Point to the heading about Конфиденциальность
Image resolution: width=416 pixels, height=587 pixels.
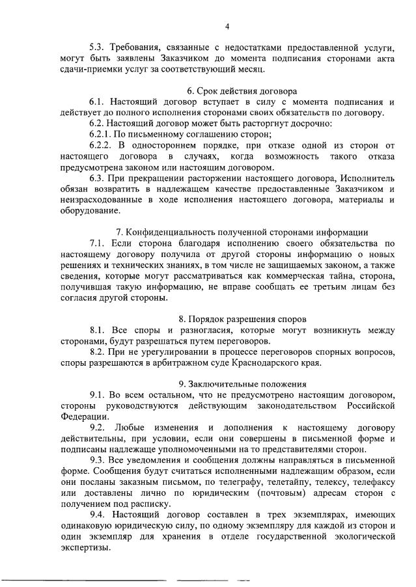tap(242, 232)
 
